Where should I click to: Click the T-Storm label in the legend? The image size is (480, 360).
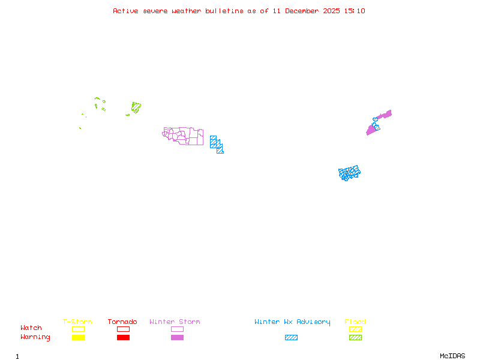[x=77, y=322]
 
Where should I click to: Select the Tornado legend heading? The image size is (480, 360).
[x=122, y=322]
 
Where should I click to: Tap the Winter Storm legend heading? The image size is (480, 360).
[x=175, y=322]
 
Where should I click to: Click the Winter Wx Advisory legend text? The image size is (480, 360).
[x=292, y=322]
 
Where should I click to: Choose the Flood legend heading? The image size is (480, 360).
[x=355, y=322]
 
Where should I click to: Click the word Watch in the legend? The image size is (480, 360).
[x=31, y=328]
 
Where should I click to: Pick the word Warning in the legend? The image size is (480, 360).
[x=35, y=337]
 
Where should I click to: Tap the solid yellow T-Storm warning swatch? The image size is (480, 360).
[x=78, y=337]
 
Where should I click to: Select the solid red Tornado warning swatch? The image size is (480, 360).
[x=123, y=337]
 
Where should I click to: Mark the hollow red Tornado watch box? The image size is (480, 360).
[x=123, y=329]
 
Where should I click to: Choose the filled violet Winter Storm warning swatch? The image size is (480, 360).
[x=177, y=337]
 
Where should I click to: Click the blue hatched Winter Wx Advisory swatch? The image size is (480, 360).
[x=291, y=337]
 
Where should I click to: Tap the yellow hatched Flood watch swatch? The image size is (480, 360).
[x=355, y=329]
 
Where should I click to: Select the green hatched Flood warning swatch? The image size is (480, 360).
[x=355, y=337]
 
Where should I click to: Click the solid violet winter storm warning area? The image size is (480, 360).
[x=372, y=128]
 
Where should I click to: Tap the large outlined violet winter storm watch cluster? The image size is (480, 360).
[x=184, y=136]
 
